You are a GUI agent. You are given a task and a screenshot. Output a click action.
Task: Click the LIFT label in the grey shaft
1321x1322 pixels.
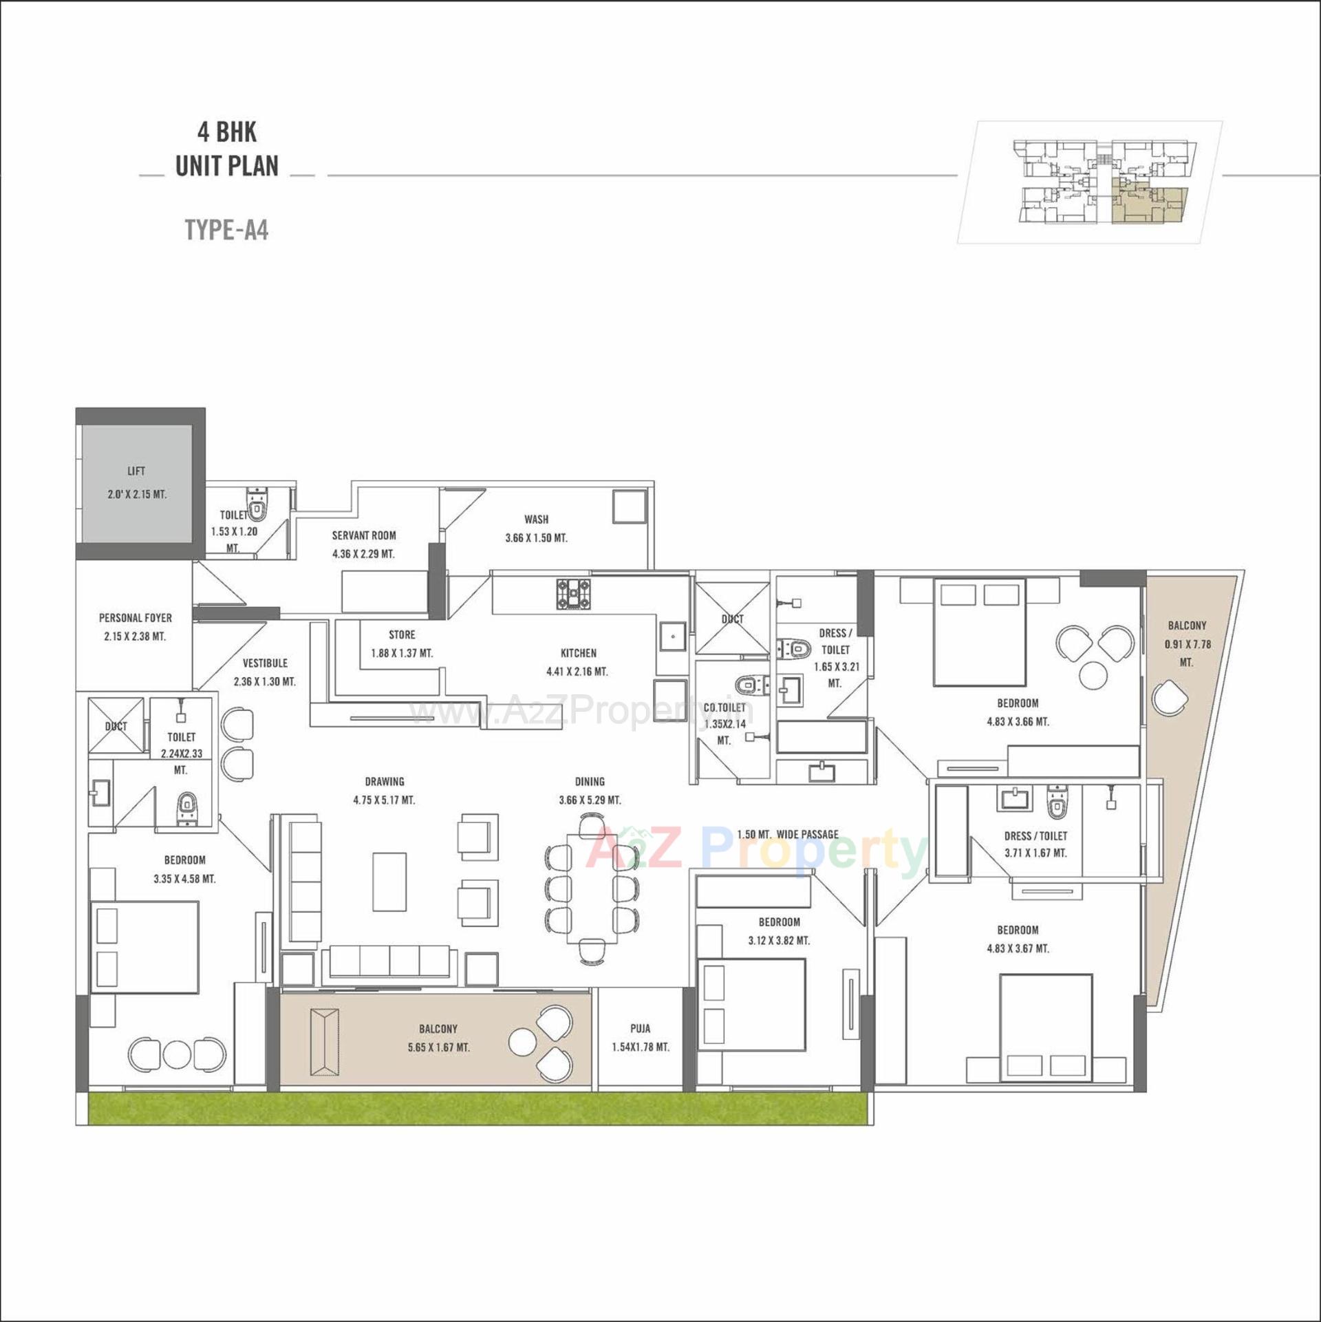point(136,471)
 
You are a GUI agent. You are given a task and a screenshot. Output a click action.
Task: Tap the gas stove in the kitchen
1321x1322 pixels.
point(573,593)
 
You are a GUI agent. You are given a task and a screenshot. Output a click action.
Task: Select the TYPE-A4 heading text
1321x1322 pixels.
point(226,230)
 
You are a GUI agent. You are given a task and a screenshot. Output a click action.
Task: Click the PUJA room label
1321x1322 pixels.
point(640,1028)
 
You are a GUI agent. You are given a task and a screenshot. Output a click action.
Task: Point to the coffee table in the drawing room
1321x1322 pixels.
point(389,882)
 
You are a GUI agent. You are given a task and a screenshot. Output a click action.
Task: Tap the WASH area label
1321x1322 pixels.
point(536,520)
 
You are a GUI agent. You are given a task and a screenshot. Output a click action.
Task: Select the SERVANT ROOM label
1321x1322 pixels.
point(364,535)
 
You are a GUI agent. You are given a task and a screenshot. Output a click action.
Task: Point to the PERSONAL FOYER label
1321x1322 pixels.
point(136,618)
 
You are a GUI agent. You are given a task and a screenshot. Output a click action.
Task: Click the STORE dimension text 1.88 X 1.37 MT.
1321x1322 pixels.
point(402,653)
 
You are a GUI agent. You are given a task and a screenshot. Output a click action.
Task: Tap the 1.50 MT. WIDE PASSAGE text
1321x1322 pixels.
point(788,835)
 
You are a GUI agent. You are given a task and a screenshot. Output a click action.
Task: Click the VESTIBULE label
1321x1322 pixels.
point(265,663)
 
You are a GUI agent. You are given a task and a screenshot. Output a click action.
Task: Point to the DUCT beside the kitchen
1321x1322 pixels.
point(732,618)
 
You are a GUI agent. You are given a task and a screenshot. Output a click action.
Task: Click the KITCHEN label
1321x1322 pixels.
point(578,653)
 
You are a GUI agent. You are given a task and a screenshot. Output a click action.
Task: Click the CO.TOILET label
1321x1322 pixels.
point(724,707)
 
